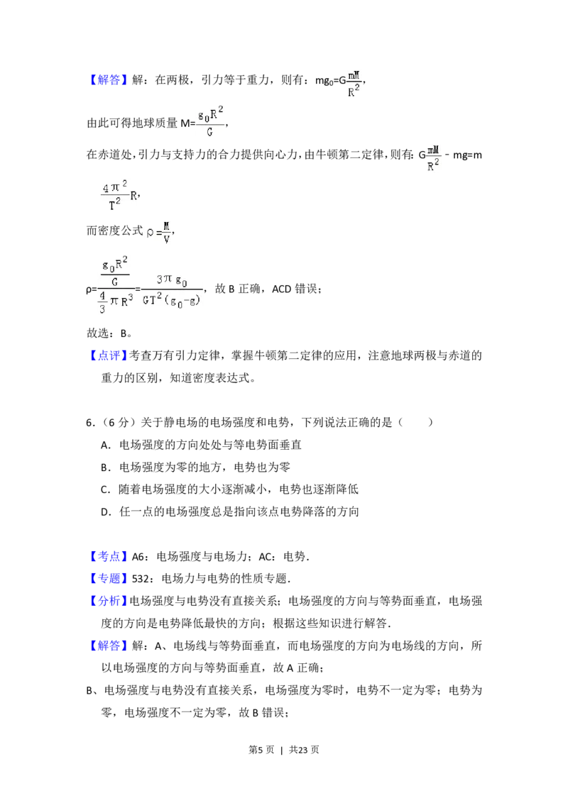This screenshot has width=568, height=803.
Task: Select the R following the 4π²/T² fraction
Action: (133, 196)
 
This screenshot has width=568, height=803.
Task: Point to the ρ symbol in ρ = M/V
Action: (150, 232)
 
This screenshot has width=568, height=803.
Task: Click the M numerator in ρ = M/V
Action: (166, 226)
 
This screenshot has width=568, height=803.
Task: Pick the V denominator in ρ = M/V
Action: (166, 239)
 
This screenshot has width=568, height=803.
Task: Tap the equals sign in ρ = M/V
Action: (158, 232)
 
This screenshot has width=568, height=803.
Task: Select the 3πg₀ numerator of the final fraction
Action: (171, 280)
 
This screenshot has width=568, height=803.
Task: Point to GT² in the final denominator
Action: (154, 299)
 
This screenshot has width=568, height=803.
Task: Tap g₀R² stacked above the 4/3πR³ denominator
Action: (114, 265)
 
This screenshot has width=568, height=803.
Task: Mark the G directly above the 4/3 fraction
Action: (114, 280)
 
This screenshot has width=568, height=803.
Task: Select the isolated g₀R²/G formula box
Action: (210, 122)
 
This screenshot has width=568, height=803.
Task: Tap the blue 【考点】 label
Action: (110, 556)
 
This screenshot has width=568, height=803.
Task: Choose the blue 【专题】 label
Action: (110, 578)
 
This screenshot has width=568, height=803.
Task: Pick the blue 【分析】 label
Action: (110, 600)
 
